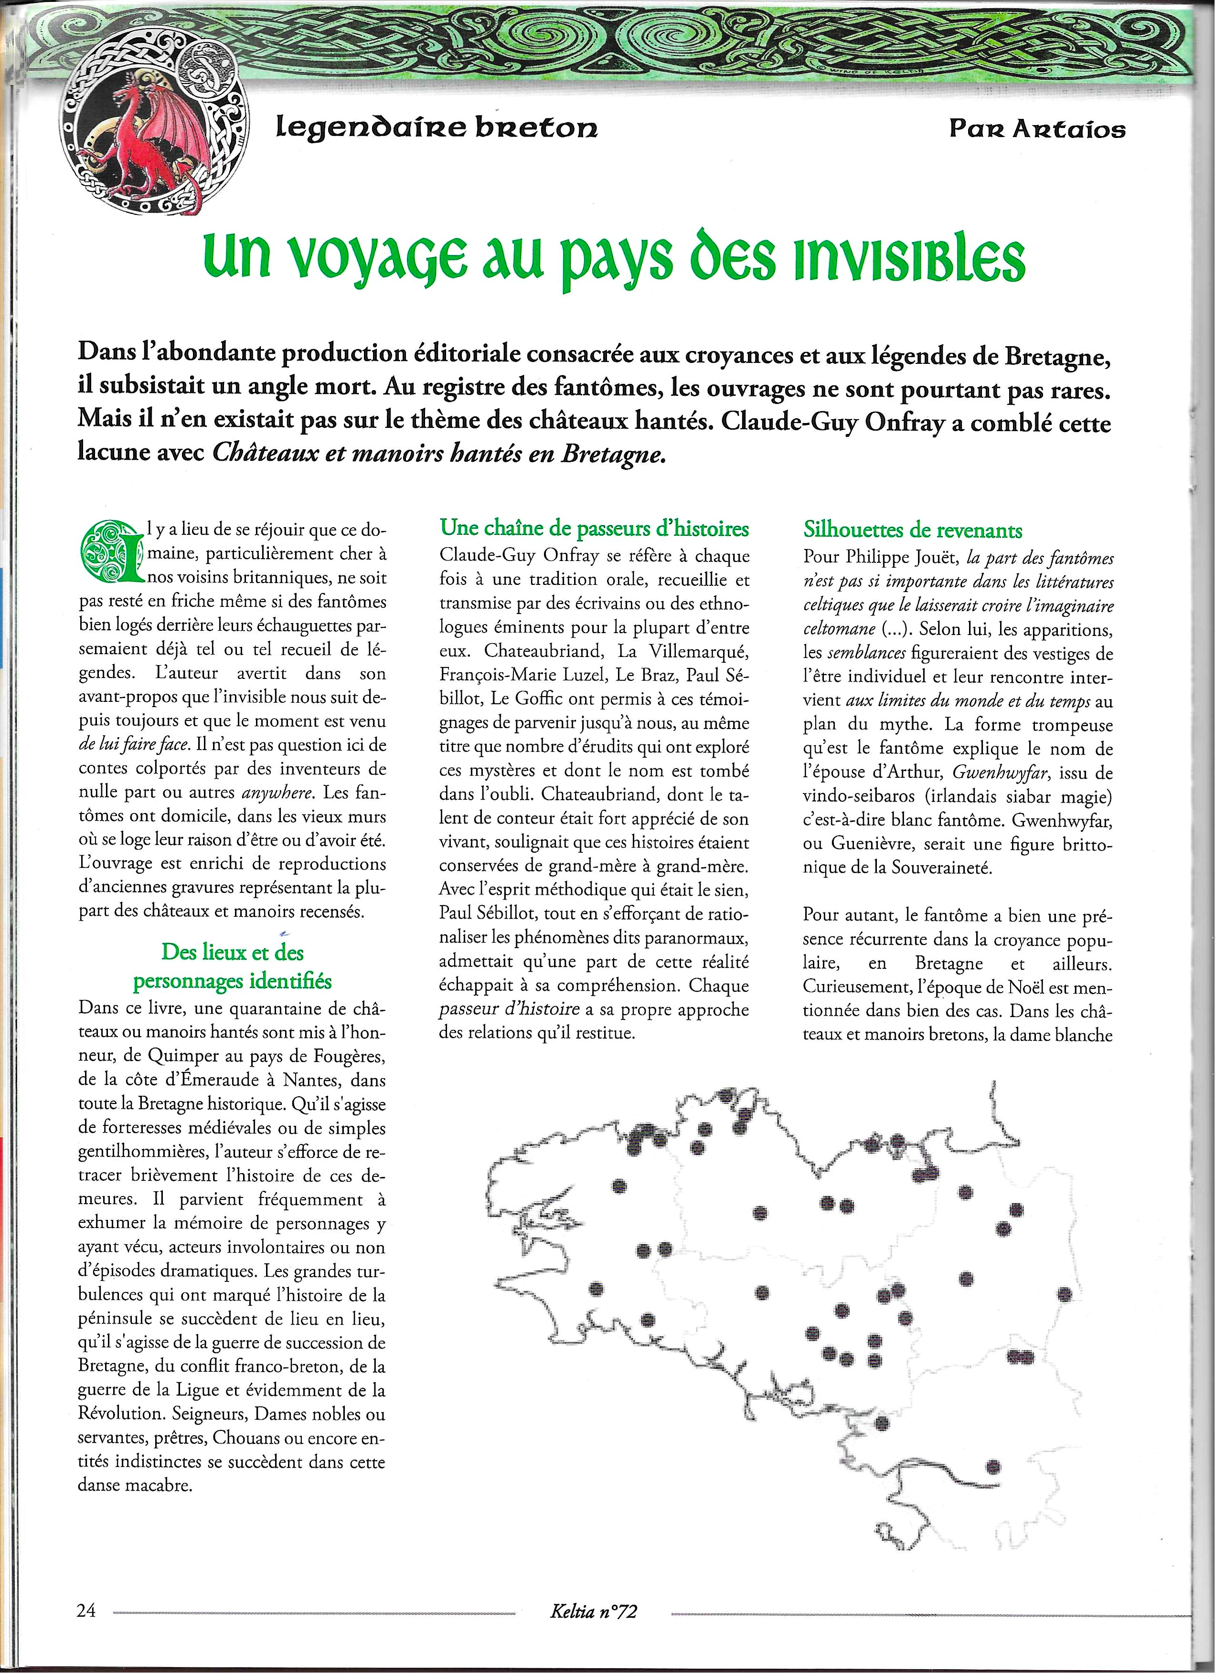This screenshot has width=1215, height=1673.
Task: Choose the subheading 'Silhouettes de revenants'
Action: point(913,530)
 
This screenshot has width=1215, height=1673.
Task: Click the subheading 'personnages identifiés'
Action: point(232,982)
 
